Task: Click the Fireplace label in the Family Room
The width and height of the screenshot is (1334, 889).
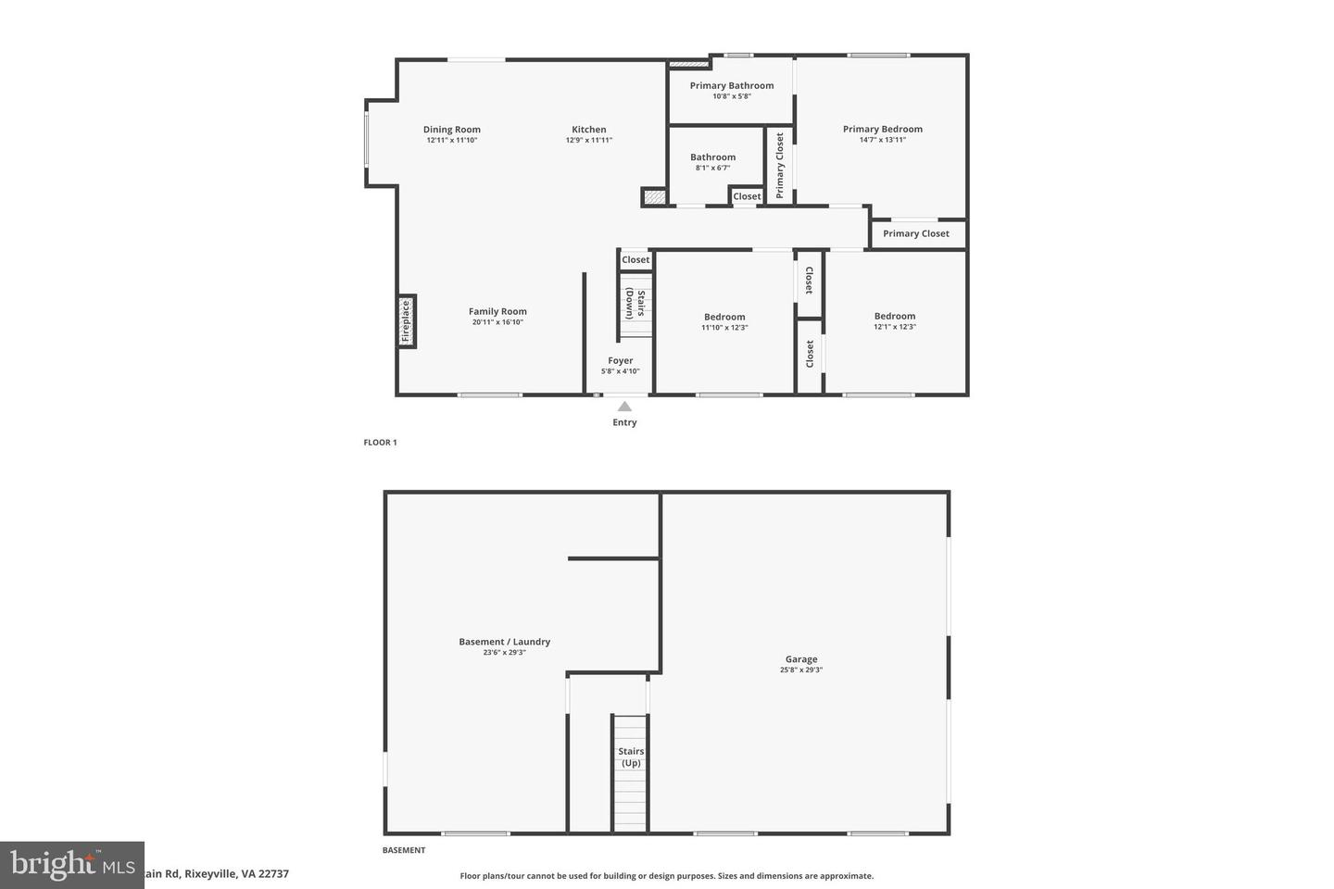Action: pos(406,321)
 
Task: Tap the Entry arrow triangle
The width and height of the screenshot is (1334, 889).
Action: pos(624,407)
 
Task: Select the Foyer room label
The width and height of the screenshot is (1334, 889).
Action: pos(621,361)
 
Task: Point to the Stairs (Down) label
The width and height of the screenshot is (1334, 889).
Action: pos(636,304)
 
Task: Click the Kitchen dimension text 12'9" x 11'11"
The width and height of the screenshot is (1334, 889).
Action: pos(589,141)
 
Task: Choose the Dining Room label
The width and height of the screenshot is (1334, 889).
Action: pos(452,130)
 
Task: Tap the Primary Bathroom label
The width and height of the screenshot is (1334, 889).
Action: pos(732,85)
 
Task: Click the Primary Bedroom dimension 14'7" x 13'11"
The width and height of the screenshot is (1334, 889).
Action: pos(883,140)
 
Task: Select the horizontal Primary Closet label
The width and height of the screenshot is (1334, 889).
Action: pos(916,233)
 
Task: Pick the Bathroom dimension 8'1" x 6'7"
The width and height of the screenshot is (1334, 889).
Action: pos(713,168)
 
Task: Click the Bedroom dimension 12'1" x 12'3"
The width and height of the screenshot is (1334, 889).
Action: pos(895,327)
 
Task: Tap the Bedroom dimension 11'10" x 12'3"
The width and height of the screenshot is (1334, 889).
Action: pos(724,328)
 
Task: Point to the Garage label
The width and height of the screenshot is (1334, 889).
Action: pos(801,659)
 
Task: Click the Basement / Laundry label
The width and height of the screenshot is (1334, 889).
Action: pos(505,642)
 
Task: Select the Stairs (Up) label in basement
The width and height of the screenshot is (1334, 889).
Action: pos(631,758)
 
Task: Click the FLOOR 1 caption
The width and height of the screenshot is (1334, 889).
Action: pos(380,443)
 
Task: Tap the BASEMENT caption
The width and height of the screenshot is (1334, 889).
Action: pos(404,850)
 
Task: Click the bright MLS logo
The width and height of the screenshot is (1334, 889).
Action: pos(72,865)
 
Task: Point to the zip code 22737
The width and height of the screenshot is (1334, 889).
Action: pos(274,874)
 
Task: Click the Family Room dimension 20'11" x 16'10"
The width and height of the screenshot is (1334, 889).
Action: pos(497,322)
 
